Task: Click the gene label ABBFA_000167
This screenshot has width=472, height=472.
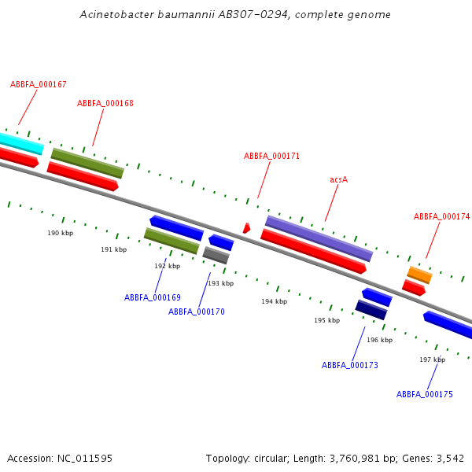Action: click(x=39, y=84)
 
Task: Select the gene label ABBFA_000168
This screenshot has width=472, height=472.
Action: click(x=105, y=103)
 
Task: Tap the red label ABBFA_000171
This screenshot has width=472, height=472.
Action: click(x=271, y=156)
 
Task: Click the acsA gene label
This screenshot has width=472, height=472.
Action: click(x=338, y=179)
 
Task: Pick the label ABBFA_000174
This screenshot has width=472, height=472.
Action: click(x=441, y=216)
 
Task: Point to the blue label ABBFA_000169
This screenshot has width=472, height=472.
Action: click(x=153, y=297)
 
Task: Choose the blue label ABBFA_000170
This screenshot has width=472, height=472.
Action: click(x=197, y=312)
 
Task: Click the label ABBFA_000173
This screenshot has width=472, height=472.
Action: click(x=350, y=365)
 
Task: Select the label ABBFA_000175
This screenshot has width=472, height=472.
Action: click(x=425, y=394)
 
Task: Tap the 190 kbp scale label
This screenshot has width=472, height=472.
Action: click(x=60, y=233)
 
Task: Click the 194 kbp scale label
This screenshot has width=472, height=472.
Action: click(x=274, y=301)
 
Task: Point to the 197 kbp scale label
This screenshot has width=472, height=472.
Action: click(x=432, y=360)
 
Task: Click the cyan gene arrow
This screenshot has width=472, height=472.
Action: click(x=20, y=142)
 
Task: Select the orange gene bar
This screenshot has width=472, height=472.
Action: click(x=419, y=275)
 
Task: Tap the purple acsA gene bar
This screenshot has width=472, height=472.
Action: click(x=319, y=238)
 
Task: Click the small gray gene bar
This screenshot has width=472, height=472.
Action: click(x=216, y=255)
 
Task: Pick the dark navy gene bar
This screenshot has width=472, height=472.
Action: click(x=371, y=309)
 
